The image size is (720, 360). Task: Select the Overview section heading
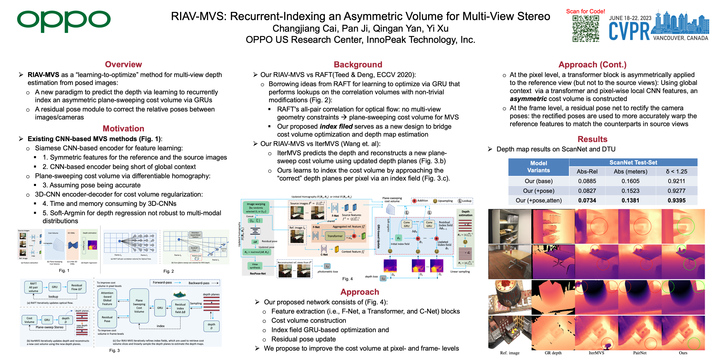coord(123,64)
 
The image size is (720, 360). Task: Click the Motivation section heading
coord(123,128)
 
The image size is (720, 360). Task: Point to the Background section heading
coord(358,65)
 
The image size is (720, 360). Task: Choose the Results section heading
coord(592,139)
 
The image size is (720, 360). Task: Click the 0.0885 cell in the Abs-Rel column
coord(587,181)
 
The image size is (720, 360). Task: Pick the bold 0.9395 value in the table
coord(676,200)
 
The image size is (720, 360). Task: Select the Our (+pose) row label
coord(538,191)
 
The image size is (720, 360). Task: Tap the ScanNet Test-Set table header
coord(633,162)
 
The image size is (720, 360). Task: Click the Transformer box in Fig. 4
coord(335,236)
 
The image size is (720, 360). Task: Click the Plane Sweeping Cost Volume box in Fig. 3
coord(139,306)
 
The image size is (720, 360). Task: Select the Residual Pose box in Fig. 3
coord(107,319)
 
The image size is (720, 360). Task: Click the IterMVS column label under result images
coord(596,353)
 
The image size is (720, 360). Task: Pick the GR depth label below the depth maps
coord(553,353)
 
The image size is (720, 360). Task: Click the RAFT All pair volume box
coord(33,287)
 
